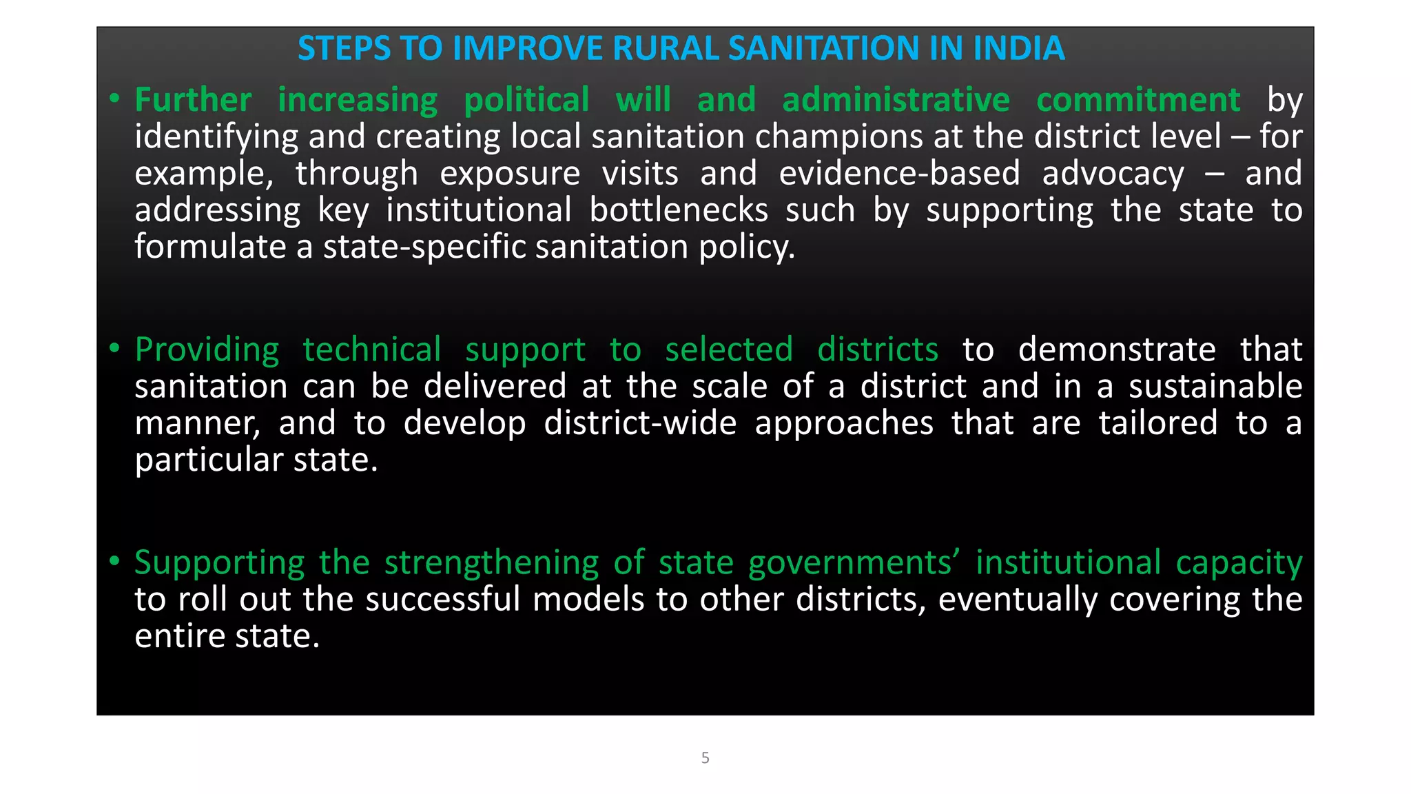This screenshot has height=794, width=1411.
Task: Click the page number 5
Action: [x=705, y=757]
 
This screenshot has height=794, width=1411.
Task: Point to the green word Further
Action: [x=193, y=100]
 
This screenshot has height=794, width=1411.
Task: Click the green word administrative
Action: [x=896, y=100]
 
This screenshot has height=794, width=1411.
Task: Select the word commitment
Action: [x=1138, y=100]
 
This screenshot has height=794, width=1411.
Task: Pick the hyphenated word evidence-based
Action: [x=899, y=173]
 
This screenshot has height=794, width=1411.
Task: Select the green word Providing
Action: [x=207, y=350]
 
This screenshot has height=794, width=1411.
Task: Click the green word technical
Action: [x=372, y=349]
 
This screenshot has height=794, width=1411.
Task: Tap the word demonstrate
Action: [x=1117, y=349]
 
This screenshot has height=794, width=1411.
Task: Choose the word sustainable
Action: [x=1215, y=386]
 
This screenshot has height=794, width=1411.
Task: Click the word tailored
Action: [x=1158, y=423]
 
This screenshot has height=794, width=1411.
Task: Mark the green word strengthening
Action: [x=491, y=562]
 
